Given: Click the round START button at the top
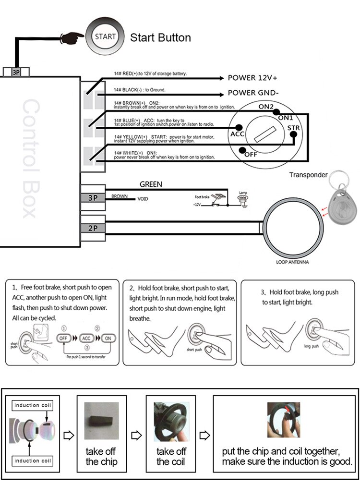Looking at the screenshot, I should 104,37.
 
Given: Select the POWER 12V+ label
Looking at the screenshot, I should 252,78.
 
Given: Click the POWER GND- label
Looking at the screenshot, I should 253,93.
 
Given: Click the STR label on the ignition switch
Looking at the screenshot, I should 293,128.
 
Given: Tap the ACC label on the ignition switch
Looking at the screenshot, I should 238,134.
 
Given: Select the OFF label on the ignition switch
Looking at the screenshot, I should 251,155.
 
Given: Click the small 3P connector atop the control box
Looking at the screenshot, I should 15,72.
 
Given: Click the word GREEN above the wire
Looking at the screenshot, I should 151,184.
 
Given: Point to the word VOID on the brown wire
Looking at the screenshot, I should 143,199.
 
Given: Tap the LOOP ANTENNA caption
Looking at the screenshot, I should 292,262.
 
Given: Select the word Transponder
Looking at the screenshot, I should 308,175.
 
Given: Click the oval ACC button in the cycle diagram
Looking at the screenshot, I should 87,338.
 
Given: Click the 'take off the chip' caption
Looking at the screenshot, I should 101,457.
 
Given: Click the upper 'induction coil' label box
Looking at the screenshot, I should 33,405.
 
